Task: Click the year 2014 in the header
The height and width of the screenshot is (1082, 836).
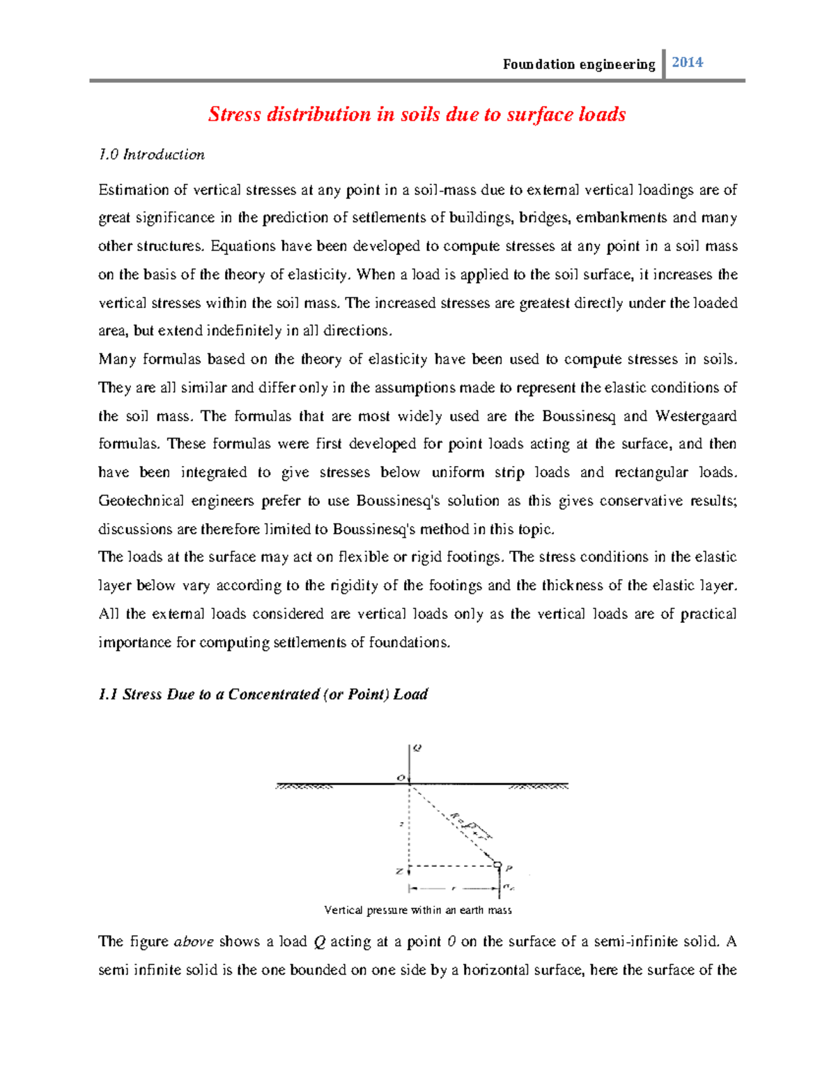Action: (x=687, y=63)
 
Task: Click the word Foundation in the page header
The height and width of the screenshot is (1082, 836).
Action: (x=529, y=65)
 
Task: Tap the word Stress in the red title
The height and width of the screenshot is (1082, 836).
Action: (x=234, y=114)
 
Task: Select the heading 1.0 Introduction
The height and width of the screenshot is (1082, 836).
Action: (x=151, y=155)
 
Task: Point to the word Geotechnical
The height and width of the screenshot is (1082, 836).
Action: (x=141, y=501)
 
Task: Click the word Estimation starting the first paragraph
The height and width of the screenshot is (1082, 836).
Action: (x=133, y=190)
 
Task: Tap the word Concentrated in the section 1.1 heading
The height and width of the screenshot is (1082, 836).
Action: (x=274, y=695)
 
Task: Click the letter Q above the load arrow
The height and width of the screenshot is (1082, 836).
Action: (x=417, y=748)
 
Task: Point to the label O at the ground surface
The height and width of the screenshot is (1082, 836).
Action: (x=401, y=778)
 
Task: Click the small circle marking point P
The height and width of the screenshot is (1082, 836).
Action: (x=497, y=865)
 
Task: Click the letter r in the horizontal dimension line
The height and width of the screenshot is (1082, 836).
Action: (x=454, y=889)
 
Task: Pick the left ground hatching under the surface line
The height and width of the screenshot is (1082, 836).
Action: (x=304, y=787)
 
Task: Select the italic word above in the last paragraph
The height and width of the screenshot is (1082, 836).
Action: (x=194, y=942)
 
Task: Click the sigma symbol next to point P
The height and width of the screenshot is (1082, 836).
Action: (x=509, y=888)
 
